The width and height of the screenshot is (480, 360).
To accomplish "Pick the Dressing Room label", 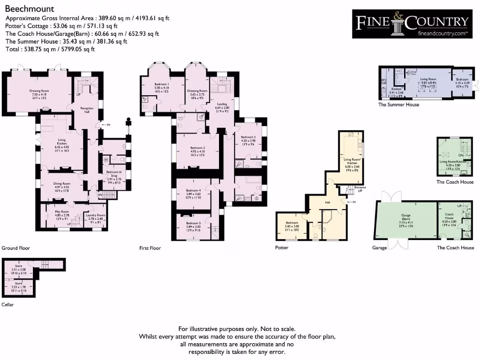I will pos(197,90).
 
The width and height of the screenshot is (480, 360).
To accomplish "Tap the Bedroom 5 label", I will pos(193,223).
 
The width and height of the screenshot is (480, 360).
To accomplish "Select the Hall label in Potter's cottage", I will pos(328,202).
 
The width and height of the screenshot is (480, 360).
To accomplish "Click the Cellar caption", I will pos(7,305).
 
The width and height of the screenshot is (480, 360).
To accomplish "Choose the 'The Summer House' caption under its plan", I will pos(398,105).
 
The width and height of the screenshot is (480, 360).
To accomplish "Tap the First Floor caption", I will pos(150,248).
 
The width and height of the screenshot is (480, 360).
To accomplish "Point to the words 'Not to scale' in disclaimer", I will pos(278,330).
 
